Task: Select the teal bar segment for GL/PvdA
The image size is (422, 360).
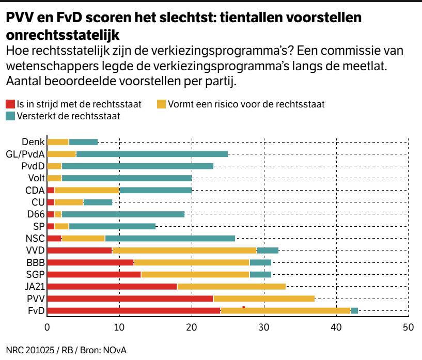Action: [152, 153]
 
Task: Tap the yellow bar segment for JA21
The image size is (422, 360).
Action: [231, 286]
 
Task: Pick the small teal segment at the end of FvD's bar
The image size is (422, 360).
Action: [354, 310]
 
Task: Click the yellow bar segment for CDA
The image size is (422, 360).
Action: [87, 190]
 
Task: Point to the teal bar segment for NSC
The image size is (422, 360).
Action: [170, 238]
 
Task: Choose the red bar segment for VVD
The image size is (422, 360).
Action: [80, 250]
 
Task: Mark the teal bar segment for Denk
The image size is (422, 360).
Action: [83, 142]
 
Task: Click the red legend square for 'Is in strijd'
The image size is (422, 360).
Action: [10, 104]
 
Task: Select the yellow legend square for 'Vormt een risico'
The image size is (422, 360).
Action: [161, 104]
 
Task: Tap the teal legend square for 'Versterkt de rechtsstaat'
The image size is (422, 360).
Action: [10, 116]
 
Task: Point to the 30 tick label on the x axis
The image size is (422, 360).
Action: [264, 327]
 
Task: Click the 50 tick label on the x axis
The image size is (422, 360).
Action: [408, 327]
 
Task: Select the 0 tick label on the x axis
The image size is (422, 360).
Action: [47, 327]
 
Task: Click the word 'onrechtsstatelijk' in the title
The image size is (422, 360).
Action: [62, 35]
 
